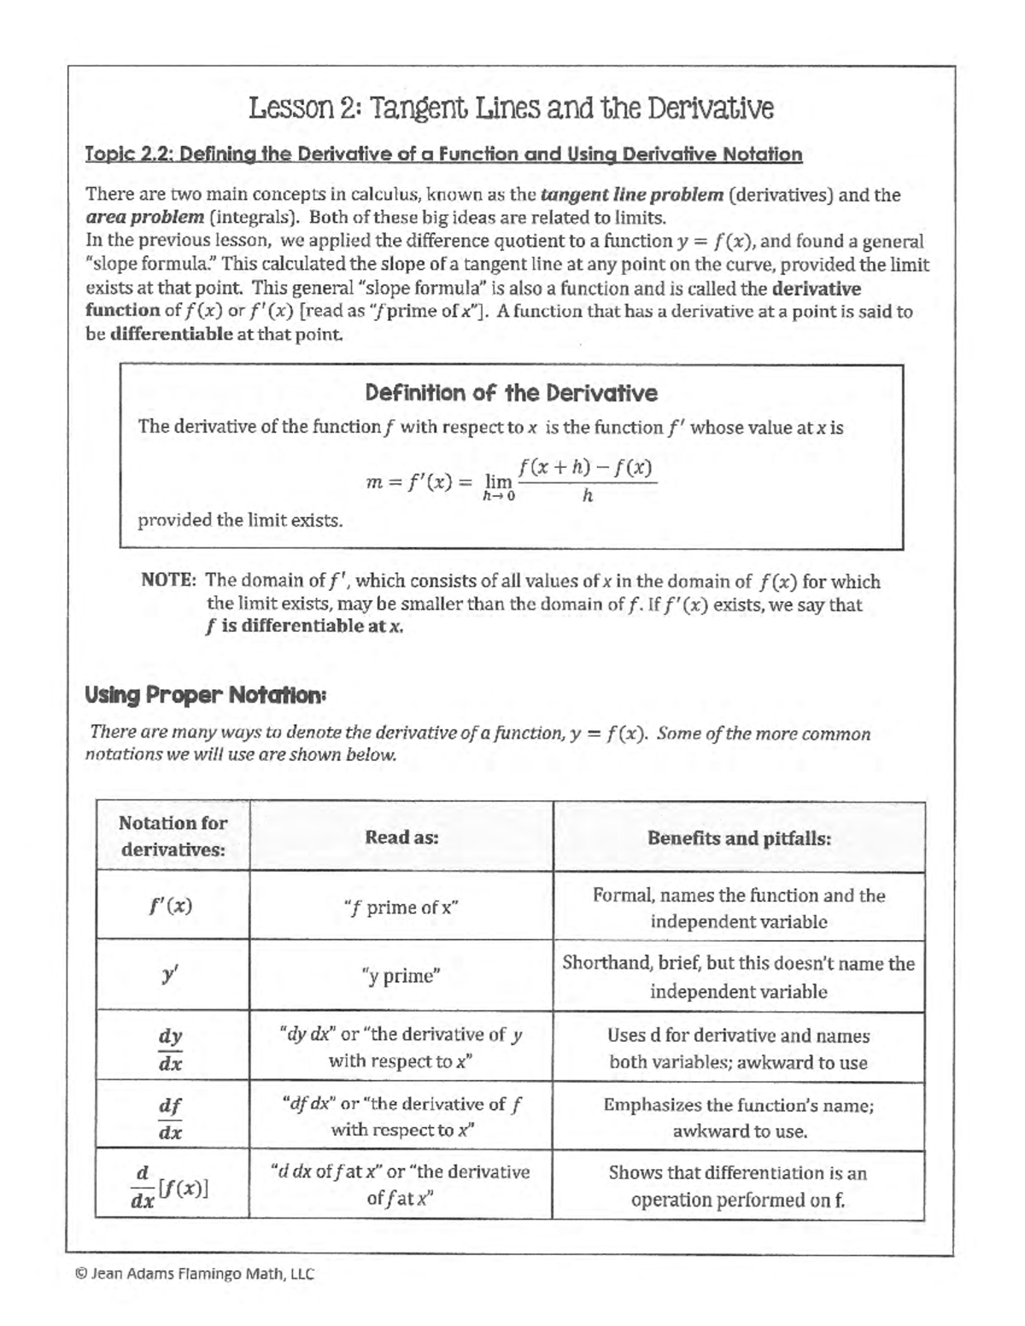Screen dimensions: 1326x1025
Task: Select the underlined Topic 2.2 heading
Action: tap(444, 155)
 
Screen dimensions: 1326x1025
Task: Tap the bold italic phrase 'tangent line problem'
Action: tap(632, 195)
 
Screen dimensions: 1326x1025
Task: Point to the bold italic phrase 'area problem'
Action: tap(144, 218)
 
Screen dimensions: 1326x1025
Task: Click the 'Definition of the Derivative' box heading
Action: tap(511, 394)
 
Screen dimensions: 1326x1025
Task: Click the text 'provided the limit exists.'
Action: tap(241, 521)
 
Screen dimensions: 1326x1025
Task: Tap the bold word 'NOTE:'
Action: tap(169, 581)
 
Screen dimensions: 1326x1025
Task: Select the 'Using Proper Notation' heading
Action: tap(205, 696)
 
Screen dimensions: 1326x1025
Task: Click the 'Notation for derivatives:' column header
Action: tap(173, 837)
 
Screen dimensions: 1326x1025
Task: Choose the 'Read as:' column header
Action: tap(401, 838)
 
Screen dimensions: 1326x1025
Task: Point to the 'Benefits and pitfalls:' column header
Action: tap(739, 838)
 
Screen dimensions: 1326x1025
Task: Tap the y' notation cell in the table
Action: tap(171, 975)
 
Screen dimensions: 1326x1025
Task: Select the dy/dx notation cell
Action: tap(171, 1049)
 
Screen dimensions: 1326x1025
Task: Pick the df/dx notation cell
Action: tap(171, 1118)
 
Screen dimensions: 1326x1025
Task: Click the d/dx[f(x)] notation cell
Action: tap(171, 1187)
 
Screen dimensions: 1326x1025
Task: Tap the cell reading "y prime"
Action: tap(401, 976)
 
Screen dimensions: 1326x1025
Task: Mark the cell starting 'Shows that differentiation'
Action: tap(738, 1186)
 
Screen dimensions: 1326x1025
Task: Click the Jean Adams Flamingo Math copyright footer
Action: tap(195, 1275)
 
